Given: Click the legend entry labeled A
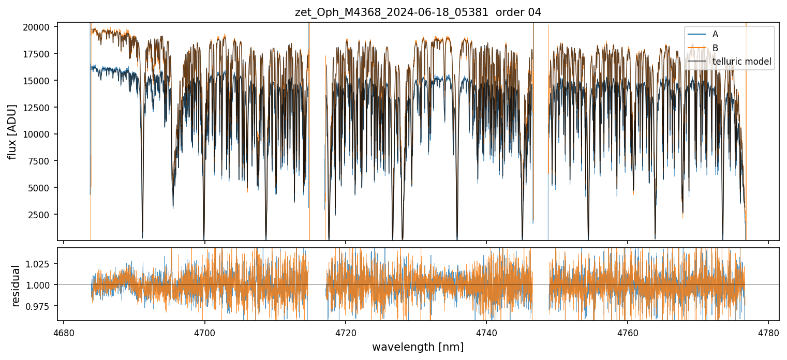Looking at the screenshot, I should pos(715,34).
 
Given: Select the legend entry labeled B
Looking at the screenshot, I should pos(715,48).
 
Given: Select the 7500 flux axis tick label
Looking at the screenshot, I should pos(41,161).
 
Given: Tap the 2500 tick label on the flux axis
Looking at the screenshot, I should pos(41,215).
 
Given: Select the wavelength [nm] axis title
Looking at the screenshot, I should pos(418,347).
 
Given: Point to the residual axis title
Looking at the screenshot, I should pos(16,286).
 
